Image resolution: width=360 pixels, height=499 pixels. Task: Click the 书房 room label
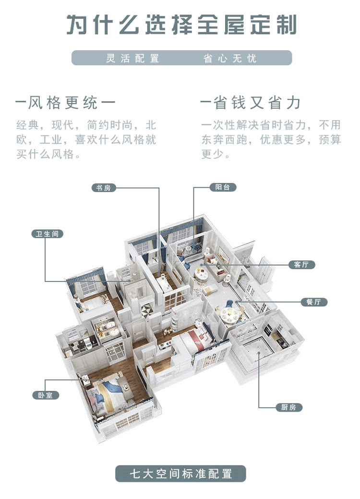click(104, 188)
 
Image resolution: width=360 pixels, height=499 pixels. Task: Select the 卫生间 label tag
click(48, 234)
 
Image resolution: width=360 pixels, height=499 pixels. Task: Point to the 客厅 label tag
click(301, 265)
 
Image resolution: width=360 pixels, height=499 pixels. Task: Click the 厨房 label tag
click(289, 407)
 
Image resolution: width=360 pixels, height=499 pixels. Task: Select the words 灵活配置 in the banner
click(132, 59)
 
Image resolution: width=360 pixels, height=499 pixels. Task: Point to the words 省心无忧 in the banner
click(230, 59)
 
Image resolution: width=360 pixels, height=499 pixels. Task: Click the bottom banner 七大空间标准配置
click(180, 474)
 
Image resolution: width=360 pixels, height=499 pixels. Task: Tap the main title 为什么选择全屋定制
click(181, 24)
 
